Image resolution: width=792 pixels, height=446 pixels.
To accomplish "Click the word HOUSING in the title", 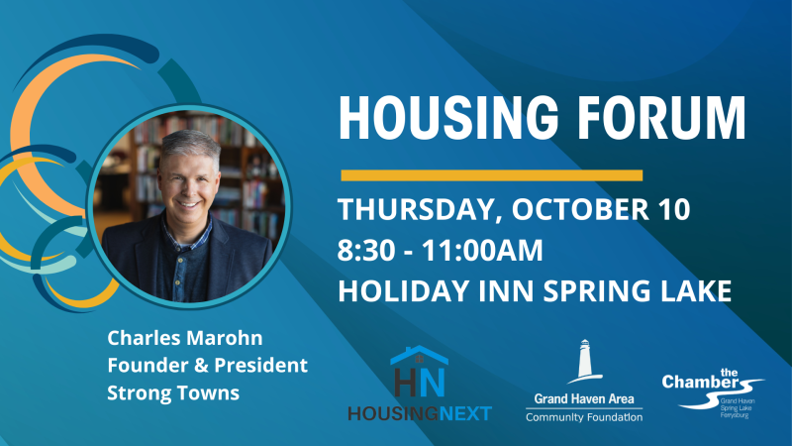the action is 448,117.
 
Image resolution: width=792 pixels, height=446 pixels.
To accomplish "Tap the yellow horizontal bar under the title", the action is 491,175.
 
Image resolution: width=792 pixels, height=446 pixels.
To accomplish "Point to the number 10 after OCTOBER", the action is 673,209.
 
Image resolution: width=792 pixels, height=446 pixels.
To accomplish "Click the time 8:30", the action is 364,251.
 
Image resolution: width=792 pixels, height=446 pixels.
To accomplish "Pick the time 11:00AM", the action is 482,251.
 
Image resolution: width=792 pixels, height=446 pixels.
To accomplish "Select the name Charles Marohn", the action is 185,338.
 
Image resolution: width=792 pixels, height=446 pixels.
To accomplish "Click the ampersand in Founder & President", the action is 201,365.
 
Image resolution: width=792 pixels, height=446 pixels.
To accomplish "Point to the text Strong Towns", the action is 173,392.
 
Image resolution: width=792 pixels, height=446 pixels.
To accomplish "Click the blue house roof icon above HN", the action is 419,355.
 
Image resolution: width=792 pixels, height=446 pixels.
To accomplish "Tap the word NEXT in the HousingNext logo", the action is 465,413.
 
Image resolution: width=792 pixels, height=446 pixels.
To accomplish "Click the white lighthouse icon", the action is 585,361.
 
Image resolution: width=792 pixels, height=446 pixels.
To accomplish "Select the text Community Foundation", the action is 584,417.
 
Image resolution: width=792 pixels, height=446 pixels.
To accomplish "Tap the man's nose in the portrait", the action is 187,188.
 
